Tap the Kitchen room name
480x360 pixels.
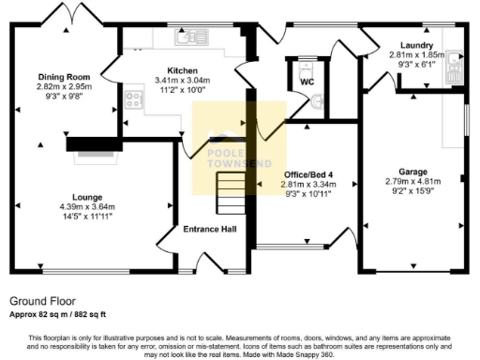[182, 70]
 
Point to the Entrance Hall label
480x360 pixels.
[208, 228]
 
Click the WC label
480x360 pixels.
[307, 82]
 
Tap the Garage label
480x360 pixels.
[412, 172]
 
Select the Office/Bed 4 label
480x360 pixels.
[308, 175]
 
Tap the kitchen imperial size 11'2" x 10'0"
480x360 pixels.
[182, 91]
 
